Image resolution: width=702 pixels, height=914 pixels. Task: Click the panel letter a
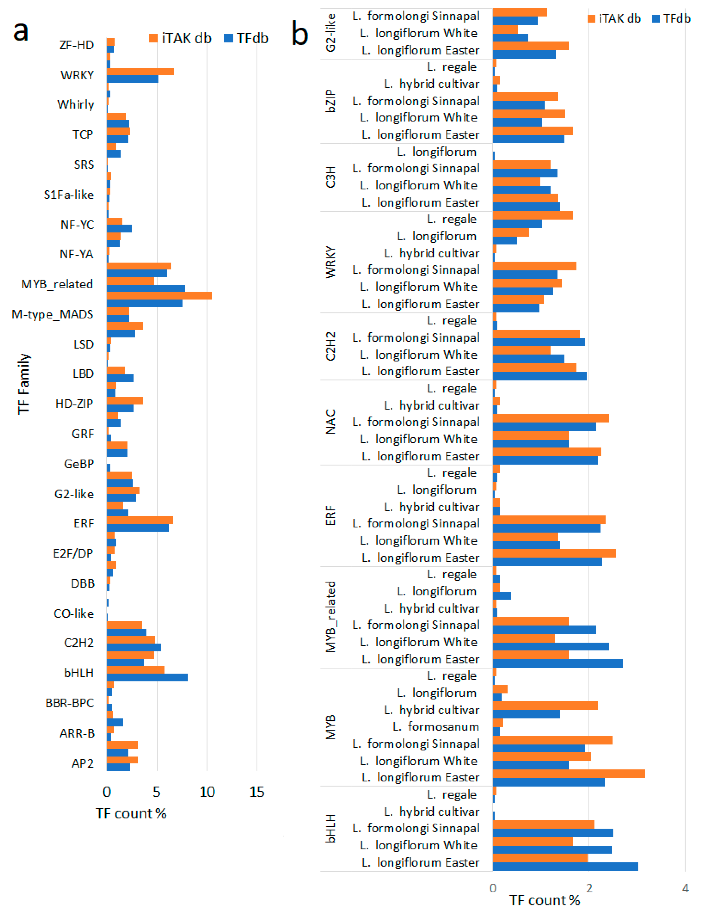point(21,32)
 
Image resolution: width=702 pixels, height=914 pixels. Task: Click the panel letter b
point(300,34)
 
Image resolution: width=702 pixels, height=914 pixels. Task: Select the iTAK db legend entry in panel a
point(180,39)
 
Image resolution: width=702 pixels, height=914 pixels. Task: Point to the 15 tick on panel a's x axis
point(257,792)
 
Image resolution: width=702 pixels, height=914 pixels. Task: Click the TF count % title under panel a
point(131,813)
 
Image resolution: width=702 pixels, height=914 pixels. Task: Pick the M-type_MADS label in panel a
point(52,314)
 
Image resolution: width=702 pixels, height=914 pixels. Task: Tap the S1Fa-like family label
point(69,195)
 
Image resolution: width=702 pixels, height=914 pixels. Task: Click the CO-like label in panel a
point(74,614)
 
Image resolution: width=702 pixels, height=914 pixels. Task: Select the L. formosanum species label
point(436,727)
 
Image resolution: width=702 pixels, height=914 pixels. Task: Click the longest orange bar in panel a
point(159,295)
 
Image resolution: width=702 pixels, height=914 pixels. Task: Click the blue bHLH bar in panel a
point(147,677)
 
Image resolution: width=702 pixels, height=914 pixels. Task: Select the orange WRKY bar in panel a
point(140,71)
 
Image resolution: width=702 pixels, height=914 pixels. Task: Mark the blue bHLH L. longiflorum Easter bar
point(565,866)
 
